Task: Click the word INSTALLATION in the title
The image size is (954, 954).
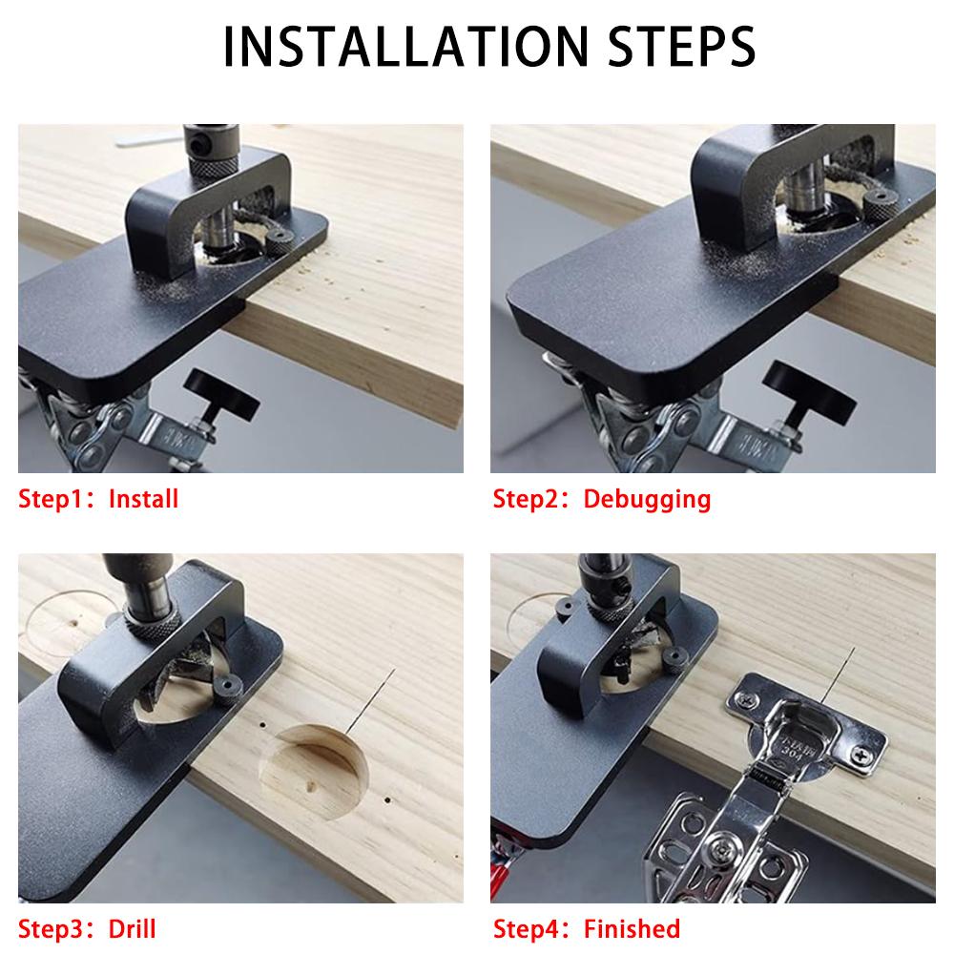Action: point(406,46)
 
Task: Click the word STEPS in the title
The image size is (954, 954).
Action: point(681,46)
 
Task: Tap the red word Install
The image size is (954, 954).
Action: point(144,499)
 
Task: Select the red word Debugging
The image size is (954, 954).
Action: point(647,500)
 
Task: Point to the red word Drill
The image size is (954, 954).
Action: point(132,929)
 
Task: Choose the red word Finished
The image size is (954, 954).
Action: point(632,929)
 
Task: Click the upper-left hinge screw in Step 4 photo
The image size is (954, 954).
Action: point(745,700)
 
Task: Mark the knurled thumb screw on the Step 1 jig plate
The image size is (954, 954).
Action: point(280,241)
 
